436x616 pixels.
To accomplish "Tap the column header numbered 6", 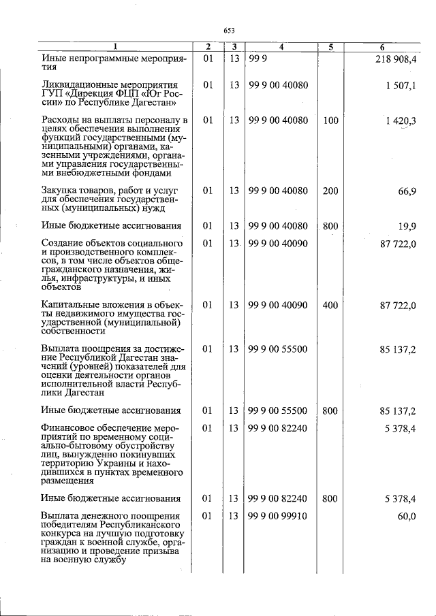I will pyautogui.click(x=383, y=47).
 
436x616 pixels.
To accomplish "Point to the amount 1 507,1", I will pyautogui.click(x=401, y=85).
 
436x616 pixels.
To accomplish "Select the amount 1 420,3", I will pyautogui.click(x=400, y=120).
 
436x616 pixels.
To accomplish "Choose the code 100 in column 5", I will pyautogui.click(x=330, y=120).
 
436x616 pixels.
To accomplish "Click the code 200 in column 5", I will pyautogui.click(x=330, y=191).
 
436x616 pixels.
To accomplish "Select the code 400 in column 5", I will pyautogui.click(x=330, y=306).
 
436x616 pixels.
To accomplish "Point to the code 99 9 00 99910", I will pyautogui.click(x=279, y=517).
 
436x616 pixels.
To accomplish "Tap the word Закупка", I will pyautogui.click(x=59, y=191).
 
